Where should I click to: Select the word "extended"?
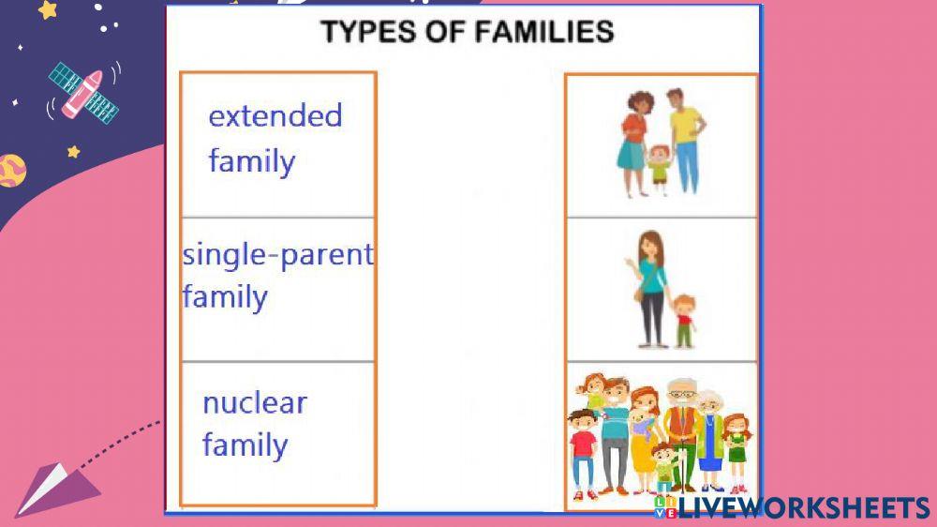coord(275,116)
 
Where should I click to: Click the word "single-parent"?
coord(277,254)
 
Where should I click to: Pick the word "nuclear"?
coord(254,403)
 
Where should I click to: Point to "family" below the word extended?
coord(251,161)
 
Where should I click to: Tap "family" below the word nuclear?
coord(245,444)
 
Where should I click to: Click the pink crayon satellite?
coord(82,91)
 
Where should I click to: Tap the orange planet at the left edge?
coord(9,171)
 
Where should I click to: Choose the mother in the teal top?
coord(651,286)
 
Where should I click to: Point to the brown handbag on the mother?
coord(639,295)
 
